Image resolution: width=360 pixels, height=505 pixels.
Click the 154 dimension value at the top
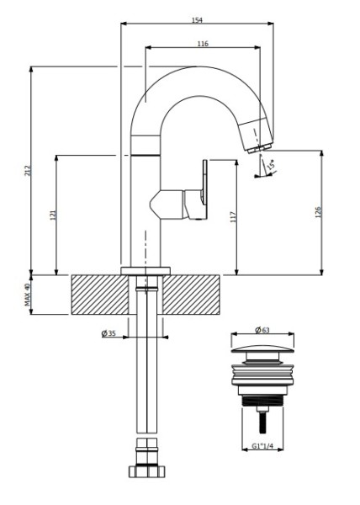197,20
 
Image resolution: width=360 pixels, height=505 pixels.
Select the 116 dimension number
203,44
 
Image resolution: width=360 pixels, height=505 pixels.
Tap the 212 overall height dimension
29,170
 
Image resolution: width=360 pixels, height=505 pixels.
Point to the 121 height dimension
53,215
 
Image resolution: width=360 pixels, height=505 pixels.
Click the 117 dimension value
233,217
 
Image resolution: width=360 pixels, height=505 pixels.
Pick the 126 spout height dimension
318,212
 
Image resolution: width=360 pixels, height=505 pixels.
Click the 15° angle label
271,165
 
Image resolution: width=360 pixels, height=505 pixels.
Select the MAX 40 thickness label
28,295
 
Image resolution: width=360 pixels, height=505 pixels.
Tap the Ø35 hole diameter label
109,333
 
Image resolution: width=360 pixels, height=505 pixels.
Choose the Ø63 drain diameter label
262,330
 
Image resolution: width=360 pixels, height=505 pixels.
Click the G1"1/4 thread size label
262,446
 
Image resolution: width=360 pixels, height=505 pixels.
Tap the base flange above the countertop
146,271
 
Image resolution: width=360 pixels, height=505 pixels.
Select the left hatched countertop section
100,295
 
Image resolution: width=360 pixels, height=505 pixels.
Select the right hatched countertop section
191,295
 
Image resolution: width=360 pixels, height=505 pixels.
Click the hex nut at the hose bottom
146,471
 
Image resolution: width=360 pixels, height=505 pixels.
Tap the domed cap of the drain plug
262,348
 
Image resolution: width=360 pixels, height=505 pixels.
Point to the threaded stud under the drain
262,420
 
